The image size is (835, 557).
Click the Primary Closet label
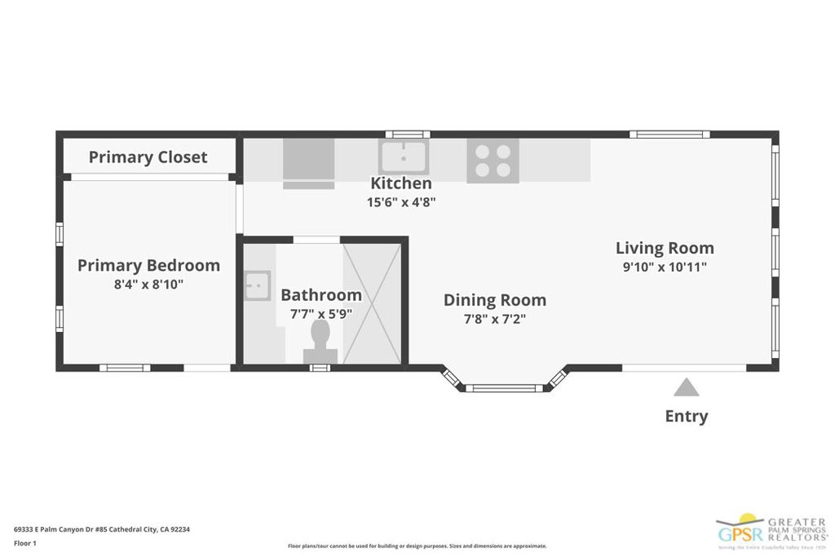tap(148, 157)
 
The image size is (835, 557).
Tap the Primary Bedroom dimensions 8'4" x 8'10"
tap(148, 284)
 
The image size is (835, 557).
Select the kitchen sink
tap(403, 156)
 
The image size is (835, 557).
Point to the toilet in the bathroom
tap(320, 341)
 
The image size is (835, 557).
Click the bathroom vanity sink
tap(258, 285)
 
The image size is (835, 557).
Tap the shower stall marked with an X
tap(372, 303)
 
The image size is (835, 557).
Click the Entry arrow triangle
tap(686, 387)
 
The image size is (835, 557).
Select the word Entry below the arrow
tap(686, 416)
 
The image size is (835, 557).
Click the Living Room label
tap(665, 248)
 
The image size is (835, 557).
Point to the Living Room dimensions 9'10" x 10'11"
tap(665, 267)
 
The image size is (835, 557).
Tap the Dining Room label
tap(494, 300)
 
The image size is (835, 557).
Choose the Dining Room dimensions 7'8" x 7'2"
tap(494, 319)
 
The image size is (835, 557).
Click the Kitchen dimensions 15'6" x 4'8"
tap(401, 201)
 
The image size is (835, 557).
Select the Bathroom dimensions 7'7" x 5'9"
tap(321, 313)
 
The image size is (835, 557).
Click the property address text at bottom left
tap(102, 529)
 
